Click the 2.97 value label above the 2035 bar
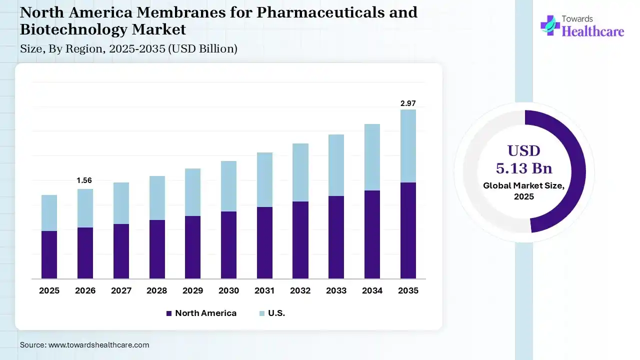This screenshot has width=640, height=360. click(x=408, y=103)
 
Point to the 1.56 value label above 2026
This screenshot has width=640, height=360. click(x=84, y=180)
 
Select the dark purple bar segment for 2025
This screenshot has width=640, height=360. click(x=49, y=254)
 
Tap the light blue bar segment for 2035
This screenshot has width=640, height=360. click(x=408, y=146)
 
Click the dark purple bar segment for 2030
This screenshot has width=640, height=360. click(x=228, y=245)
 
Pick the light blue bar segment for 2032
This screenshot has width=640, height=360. click(x=300, y=172)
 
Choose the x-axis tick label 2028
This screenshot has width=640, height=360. click(x=156, y=290)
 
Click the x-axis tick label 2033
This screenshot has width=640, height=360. click(x=336, y=290)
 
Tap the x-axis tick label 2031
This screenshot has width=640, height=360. click(x=264, y=290)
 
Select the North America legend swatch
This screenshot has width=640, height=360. click(x=168, y=313)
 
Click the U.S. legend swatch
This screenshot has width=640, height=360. click(x=262, y=313)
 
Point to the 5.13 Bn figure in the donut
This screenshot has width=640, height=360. click(x=524, y=167)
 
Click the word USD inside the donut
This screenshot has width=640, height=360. click(x=524, y=150)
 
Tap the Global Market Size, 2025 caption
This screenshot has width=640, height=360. click(x=524, y=191)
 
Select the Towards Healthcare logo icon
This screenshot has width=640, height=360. click(x=550, y=25)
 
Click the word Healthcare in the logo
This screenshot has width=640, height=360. click(x=593, y=31)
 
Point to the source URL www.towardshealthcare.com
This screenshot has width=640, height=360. click(x=98, y=345)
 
